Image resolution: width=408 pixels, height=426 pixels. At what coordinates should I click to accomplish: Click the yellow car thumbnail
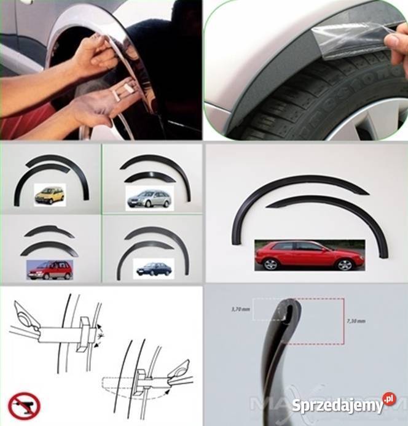(x=49, y=196)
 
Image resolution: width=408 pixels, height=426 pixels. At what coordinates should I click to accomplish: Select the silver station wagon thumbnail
(x=149, y=197)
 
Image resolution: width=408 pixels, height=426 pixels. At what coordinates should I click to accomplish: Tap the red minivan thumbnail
(x=49, y=269)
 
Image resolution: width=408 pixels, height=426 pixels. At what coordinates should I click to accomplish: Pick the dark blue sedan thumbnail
(x=153, y=268)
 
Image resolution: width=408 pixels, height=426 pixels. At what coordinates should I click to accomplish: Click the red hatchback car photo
(x=310, y=255)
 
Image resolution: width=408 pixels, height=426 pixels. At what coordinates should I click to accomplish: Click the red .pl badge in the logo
(x=389, y=399)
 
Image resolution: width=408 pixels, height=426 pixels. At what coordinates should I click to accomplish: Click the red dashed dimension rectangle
(x=320, y=321)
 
